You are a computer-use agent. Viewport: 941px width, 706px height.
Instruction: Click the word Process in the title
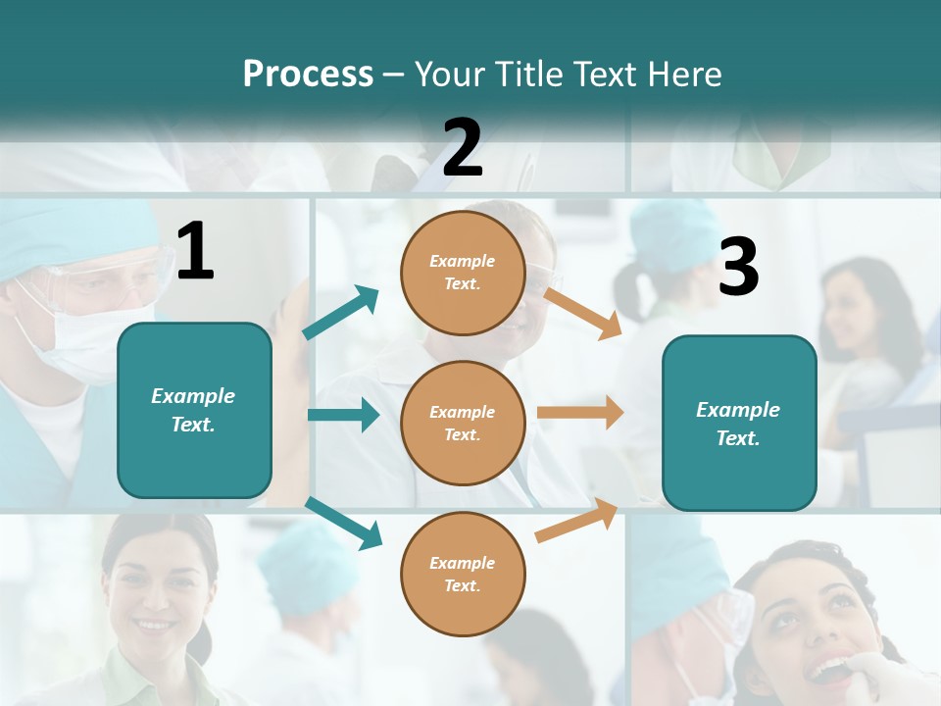point(308,75)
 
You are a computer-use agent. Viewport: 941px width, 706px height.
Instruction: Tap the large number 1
point(195,252)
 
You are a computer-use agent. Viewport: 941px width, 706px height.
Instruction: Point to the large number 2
point(463,148)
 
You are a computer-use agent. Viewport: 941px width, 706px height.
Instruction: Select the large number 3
point(738,267)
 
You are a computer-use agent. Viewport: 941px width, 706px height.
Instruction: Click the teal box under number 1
point(194,410)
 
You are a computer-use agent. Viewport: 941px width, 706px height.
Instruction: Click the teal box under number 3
point(739,423)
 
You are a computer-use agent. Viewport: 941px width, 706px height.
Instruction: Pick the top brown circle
point(463,273)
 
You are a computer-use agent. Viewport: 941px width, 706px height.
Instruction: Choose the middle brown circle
point(463,423)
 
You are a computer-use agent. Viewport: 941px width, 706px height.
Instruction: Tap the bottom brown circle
point(463,574)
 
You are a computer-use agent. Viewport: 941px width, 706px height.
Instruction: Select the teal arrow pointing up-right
point(341,313)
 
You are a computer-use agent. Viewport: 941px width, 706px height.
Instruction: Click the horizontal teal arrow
point(343,415)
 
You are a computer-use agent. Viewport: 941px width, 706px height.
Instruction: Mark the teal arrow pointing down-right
point(344,523)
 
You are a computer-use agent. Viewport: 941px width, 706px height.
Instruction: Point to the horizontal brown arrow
point(580,412)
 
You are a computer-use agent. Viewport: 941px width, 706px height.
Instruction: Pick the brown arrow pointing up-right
point(577,521)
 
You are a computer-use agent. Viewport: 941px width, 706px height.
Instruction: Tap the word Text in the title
point(606,75)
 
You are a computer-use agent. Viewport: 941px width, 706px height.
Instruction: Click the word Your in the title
point(449,75)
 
